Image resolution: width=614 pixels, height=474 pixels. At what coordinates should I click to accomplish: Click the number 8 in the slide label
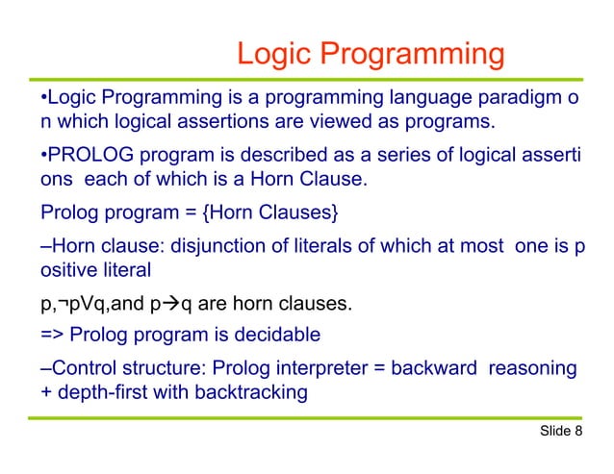click(x=577, y=430)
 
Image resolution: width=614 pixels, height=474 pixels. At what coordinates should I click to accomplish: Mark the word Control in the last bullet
click(x=82, y=368)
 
